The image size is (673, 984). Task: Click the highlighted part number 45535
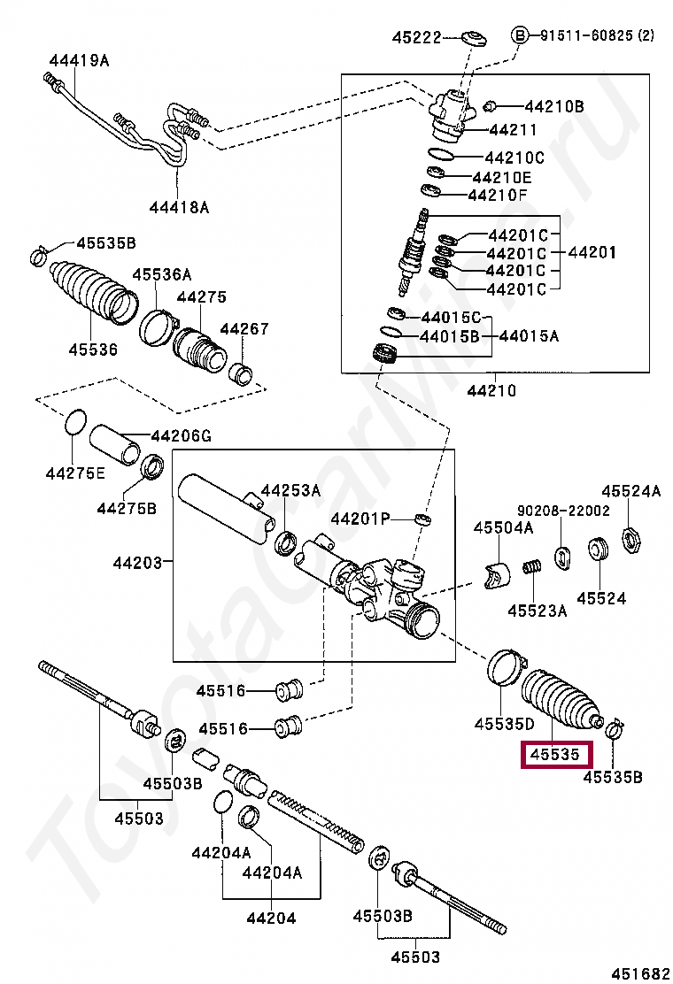point(554,755)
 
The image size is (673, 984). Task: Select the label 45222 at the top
point(417,37)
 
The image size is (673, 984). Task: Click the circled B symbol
point(521,35)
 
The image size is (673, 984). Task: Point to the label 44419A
point(79,60)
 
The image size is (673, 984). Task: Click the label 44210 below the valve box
point(491,390)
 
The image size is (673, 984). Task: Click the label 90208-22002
point(563,511)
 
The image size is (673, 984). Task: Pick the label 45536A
point(162,275)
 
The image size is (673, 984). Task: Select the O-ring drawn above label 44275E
point(76,422)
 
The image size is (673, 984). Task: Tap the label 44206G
point(182,435)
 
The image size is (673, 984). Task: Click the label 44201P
point(360,518)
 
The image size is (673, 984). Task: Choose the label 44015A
point(529,336)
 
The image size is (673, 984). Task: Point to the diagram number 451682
point(643,972)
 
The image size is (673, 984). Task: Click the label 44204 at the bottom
point(271,918)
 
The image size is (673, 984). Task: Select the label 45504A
point(503,528)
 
